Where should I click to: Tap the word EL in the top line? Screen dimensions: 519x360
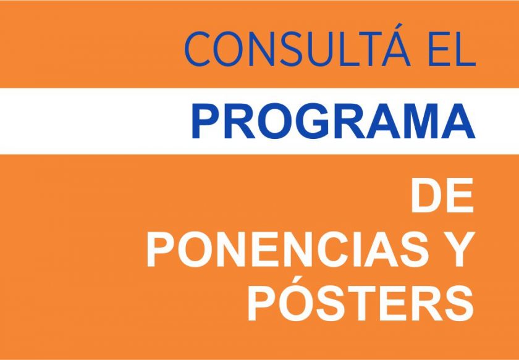click(452, 49)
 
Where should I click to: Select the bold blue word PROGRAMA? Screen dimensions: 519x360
click(333, 121)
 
